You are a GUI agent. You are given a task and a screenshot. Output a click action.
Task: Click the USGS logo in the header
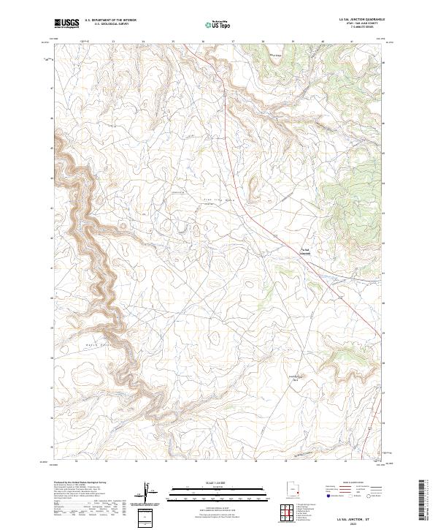pos(66,23)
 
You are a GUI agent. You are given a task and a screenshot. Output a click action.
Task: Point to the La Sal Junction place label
pos(305,252)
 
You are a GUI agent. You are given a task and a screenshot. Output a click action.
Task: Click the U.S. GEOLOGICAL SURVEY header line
pos(110,24)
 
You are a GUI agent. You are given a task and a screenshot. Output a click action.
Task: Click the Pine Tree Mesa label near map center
pos(216,199)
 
